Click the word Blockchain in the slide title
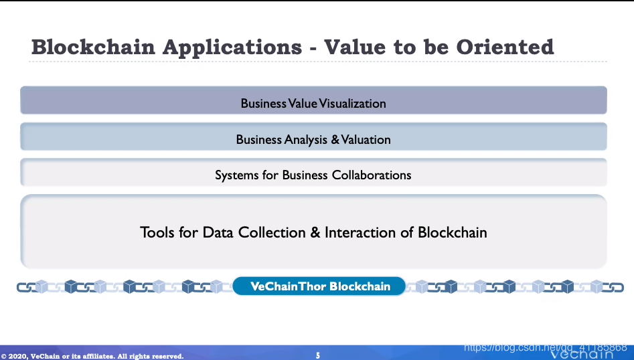(x=94, y=47)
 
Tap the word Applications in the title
(x=232, y=48)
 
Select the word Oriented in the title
(x=505, y=47)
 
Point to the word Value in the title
(x=355, y=47)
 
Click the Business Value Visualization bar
(x=313, y=100)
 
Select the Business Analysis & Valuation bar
(x=313, y=137)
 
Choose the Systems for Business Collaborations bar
(x=313, y=173)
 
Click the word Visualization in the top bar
(x=352, y=104)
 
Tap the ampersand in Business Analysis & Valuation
(x=335, y=139)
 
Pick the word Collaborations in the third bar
(x=372, y=175)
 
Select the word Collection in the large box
(x=272, y=232)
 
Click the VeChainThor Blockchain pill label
(x=319, y=286)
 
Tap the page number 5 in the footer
(x=318, y=355)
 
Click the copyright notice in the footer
(x=92, y=356)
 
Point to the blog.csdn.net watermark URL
(x=546, y=347)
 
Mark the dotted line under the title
(x=318, y=62)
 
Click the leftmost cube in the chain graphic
(x=42, y=286)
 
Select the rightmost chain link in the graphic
(x=613, y=288)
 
